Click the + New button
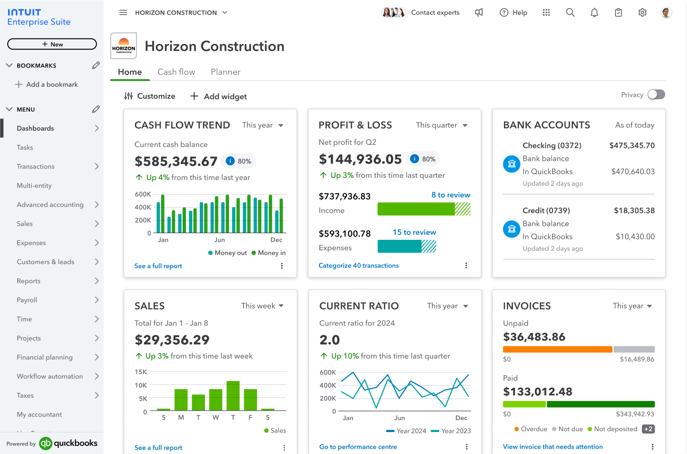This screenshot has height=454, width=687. pos(52,44)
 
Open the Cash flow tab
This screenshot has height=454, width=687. pos(176,72)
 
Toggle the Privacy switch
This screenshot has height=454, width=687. pos(656,94)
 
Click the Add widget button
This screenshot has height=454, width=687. pos(218,96)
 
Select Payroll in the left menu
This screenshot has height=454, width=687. pos(27,300)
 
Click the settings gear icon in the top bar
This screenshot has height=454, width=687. pos(642,13)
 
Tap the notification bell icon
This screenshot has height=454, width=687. pos(594,13)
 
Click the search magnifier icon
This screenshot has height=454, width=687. pos(570,13)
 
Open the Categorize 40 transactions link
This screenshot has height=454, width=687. pos(359,266)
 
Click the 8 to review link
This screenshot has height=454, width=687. pos(451,195)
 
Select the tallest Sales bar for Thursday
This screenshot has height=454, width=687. pos(233,395)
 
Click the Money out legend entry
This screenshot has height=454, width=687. pos(227,253)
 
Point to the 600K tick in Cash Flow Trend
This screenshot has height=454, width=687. pos(143,194)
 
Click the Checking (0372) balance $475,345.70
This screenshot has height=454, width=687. pos(632,145)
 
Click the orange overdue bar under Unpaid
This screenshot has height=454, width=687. pos(557,350)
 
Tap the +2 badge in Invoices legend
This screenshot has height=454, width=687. pos(648,429)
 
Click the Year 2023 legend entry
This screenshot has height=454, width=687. pos(451,431)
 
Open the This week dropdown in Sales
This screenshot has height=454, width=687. pos(262,306)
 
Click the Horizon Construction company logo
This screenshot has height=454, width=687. pos(123,46)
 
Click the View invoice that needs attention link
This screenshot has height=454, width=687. pos(553,447)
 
